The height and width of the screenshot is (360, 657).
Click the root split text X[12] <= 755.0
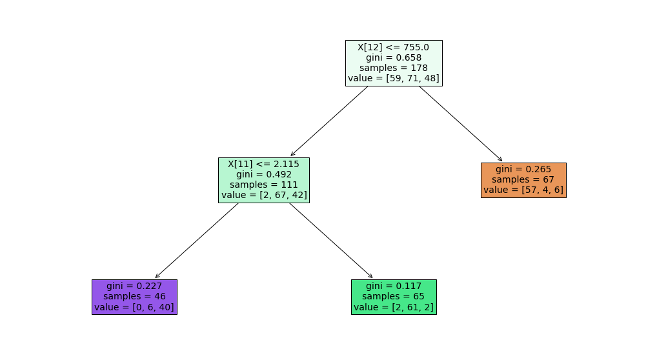click(394, 47)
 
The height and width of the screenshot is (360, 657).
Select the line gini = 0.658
click(394, 57)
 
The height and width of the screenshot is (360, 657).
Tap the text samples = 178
click(394, 68)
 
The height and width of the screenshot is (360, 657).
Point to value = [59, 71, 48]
click(394, 78)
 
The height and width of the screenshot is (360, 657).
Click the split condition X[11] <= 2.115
click(264, 164)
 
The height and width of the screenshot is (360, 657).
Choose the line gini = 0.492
click(264, 174)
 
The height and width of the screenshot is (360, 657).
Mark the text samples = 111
click(264, 185)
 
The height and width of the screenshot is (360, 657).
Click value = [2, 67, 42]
click(264, 195)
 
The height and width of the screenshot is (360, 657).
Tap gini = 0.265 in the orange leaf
click(523, 170)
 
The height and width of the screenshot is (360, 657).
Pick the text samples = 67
click(523, 180)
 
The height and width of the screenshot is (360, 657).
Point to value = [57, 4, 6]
click(523, 190)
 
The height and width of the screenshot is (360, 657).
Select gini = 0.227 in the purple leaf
click(134, 286)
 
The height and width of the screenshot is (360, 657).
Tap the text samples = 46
click(134, 297)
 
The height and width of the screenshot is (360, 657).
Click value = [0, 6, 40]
click(134, 307)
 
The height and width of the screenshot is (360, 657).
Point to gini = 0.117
click(394, 286)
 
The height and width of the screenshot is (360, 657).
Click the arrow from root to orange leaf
click(461, 123)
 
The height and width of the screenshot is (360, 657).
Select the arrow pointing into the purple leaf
click(197, 241)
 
